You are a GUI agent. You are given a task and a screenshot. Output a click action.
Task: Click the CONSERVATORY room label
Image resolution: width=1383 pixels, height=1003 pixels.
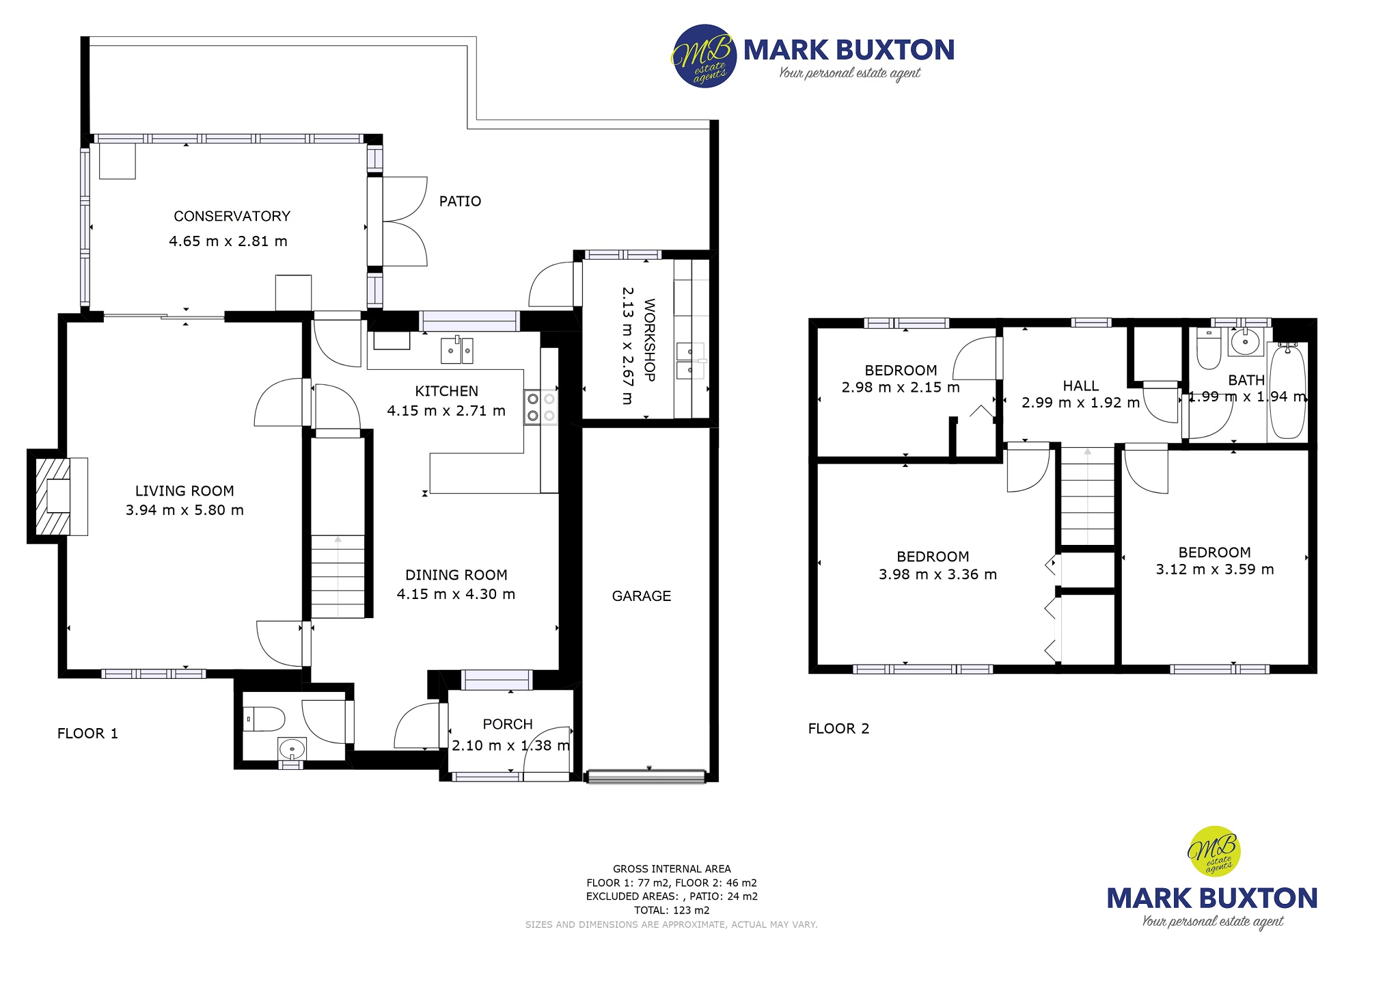(232, 216)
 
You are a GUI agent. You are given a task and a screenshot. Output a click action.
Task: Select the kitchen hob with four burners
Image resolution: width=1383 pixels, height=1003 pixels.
(540, 407)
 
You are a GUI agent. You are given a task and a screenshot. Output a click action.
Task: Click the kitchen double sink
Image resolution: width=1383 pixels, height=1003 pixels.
(456, 350)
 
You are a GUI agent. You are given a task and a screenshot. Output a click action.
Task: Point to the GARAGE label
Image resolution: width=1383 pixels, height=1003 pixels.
(641, 596)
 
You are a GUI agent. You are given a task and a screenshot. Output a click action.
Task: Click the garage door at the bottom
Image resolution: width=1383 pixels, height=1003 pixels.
(646, 776)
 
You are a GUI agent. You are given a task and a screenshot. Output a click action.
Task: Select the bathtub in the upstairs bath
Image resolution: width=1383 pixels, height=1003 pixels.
(1287, 392)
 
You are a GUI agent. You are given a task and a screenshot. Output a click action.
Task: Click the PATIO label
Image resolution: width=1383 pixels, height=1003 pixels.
(460, 201)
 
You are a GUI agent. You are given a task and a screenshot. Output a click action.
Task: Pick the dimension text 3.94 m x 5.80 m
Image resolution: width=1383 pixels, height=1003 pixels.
(184, 510)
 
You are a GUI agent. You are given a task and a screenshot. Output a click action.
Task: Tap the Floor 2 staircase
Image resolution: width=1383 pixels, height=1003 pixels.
(1087, 496)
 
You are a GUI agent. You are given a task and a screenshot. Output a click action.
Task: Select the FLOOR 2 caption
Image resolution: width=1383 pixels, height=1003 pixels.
(838, 729)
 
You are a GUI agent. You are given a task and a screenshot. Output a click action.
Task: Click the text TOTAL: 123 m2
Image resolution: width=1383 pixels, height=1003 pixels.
(672, 910)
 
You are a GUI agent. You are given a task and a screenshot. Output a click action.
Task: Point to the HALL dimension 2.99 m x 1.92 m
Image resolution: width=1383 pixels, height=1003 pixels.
(1080, 403)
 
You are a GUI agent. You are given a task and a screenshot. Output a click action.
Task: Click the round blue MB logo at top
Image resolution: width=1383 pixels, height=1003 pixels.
(704, 57)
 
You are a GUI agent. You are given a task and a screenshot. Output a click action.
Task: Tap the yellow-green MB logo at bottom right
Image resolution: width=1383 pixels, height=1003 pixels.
(1214, 851)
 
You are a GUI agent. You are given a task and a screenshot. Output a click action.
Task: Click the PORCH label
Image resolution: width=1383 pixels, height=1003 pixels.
(507, 724)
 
